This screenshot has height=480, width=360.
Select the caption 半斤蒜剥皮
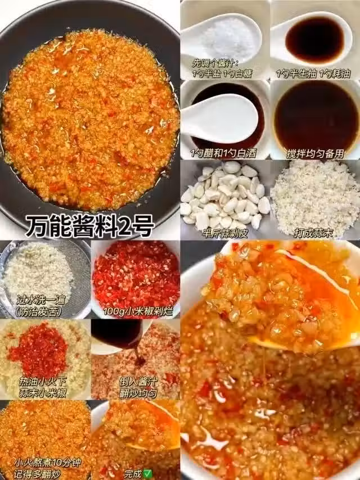click(225, 234)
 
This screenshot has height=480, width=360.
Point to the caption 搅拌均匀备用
click(315, 153)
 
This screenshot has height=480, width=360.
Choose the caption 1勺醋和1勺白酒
click(223, 153)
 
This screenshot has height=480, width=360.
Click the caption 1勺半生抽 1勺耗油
click(313, 74)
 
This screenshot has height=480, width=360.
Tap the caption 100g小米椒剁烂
click(138, 311)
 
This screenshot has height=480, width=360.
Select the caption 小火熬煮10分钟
click(47, 462)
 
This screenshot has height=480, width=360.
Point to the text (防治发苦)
click(39, 311)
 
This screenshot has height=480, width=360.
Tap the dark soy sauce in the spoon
click(315, 39)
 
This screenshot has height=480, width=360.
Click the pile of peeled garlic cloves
click(226, 195)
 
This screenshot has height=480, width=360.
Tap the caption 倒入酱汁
click(138, 382)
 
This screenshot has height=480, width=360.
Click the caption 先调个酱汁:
click(215, 64)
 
